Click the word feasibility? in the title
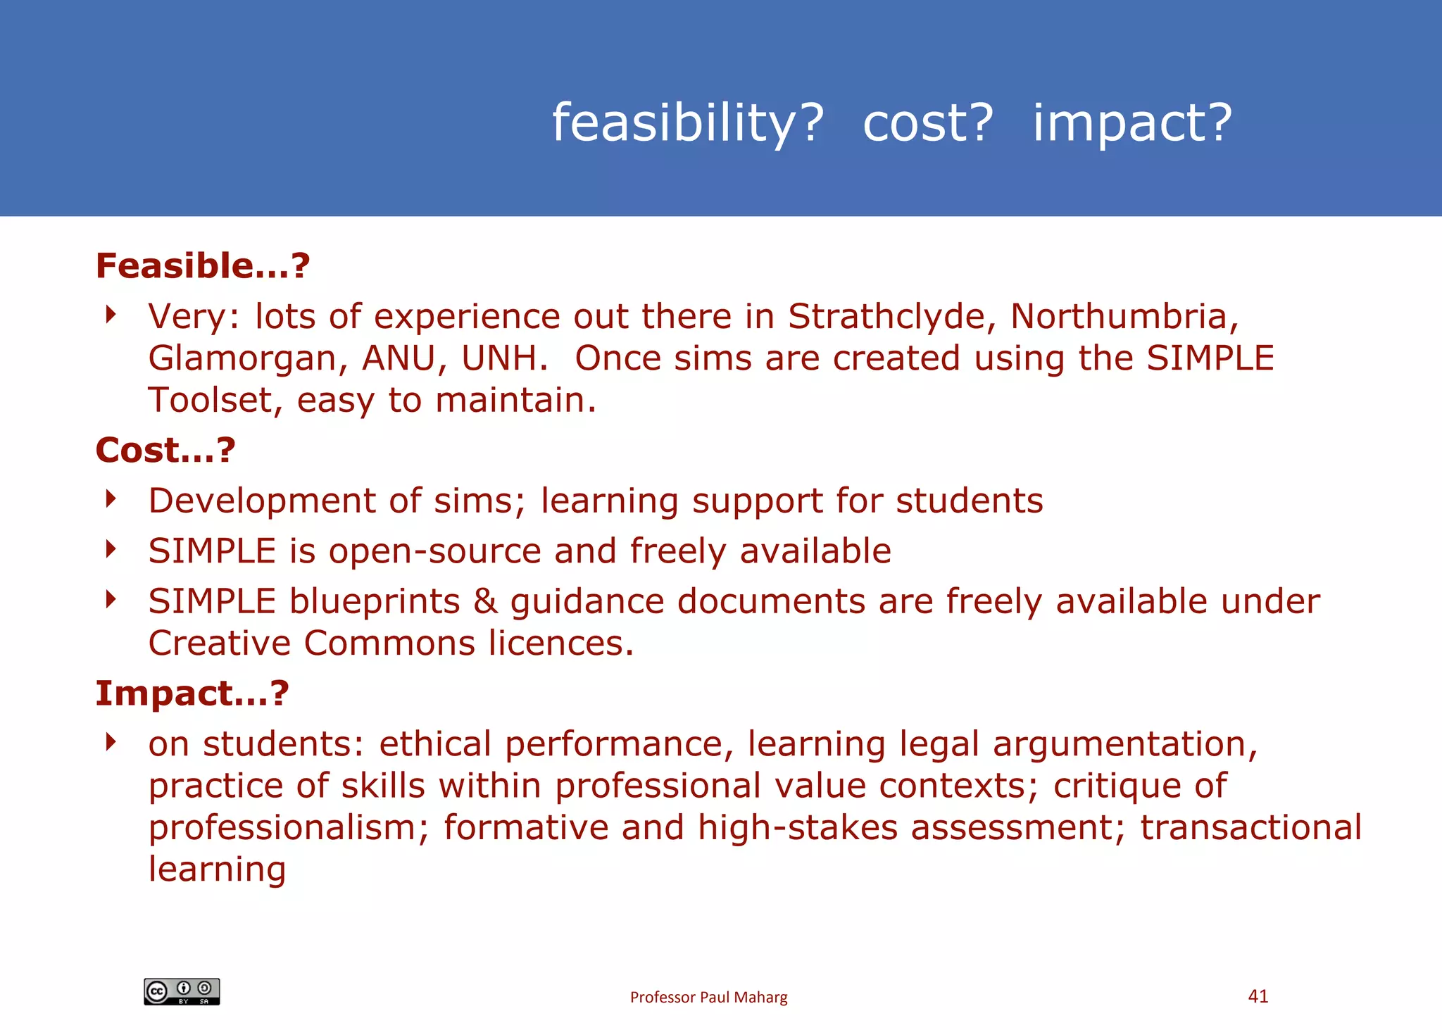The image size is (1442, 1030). [687, 123]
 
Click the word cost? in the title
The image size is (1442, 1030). [927, 123]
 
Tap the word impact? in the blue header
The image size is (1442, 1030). [1132, 123]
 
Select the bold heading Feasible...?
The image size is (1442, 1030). [203, 266]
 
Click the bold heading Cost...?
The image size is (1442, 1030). [165, 451]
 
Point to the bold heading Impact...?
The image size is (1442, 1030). [192, 693]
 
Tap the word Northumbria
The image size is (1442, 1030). [1124, 316]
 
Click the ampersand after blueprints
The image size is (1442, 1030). [485, 602]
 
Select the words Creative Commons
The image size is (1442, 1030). [312, 643]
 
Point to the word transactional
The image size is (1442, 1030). [1250, 828]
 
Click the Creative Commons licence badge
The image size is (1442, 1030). [182, 991]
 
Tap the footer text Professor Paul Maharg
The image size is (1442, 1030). [708, 997]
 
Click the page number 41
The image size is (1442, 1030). [1258, 996]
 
